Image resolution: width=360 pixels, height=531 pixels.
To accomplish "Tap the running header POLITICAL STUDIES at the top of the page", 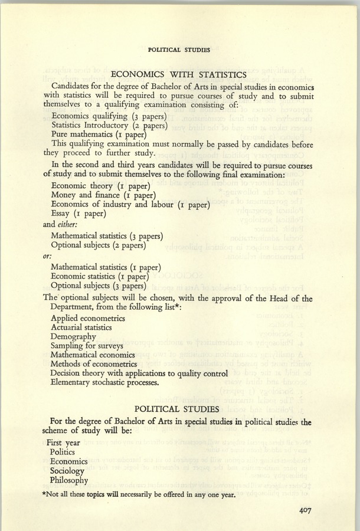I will pos(179,50).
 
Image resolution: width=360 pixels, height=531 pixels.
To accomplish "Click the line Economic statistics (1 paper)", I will pos(99,275).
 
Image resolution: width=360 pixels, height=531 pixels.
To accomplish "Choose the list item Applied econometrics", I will pos(88,318).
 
